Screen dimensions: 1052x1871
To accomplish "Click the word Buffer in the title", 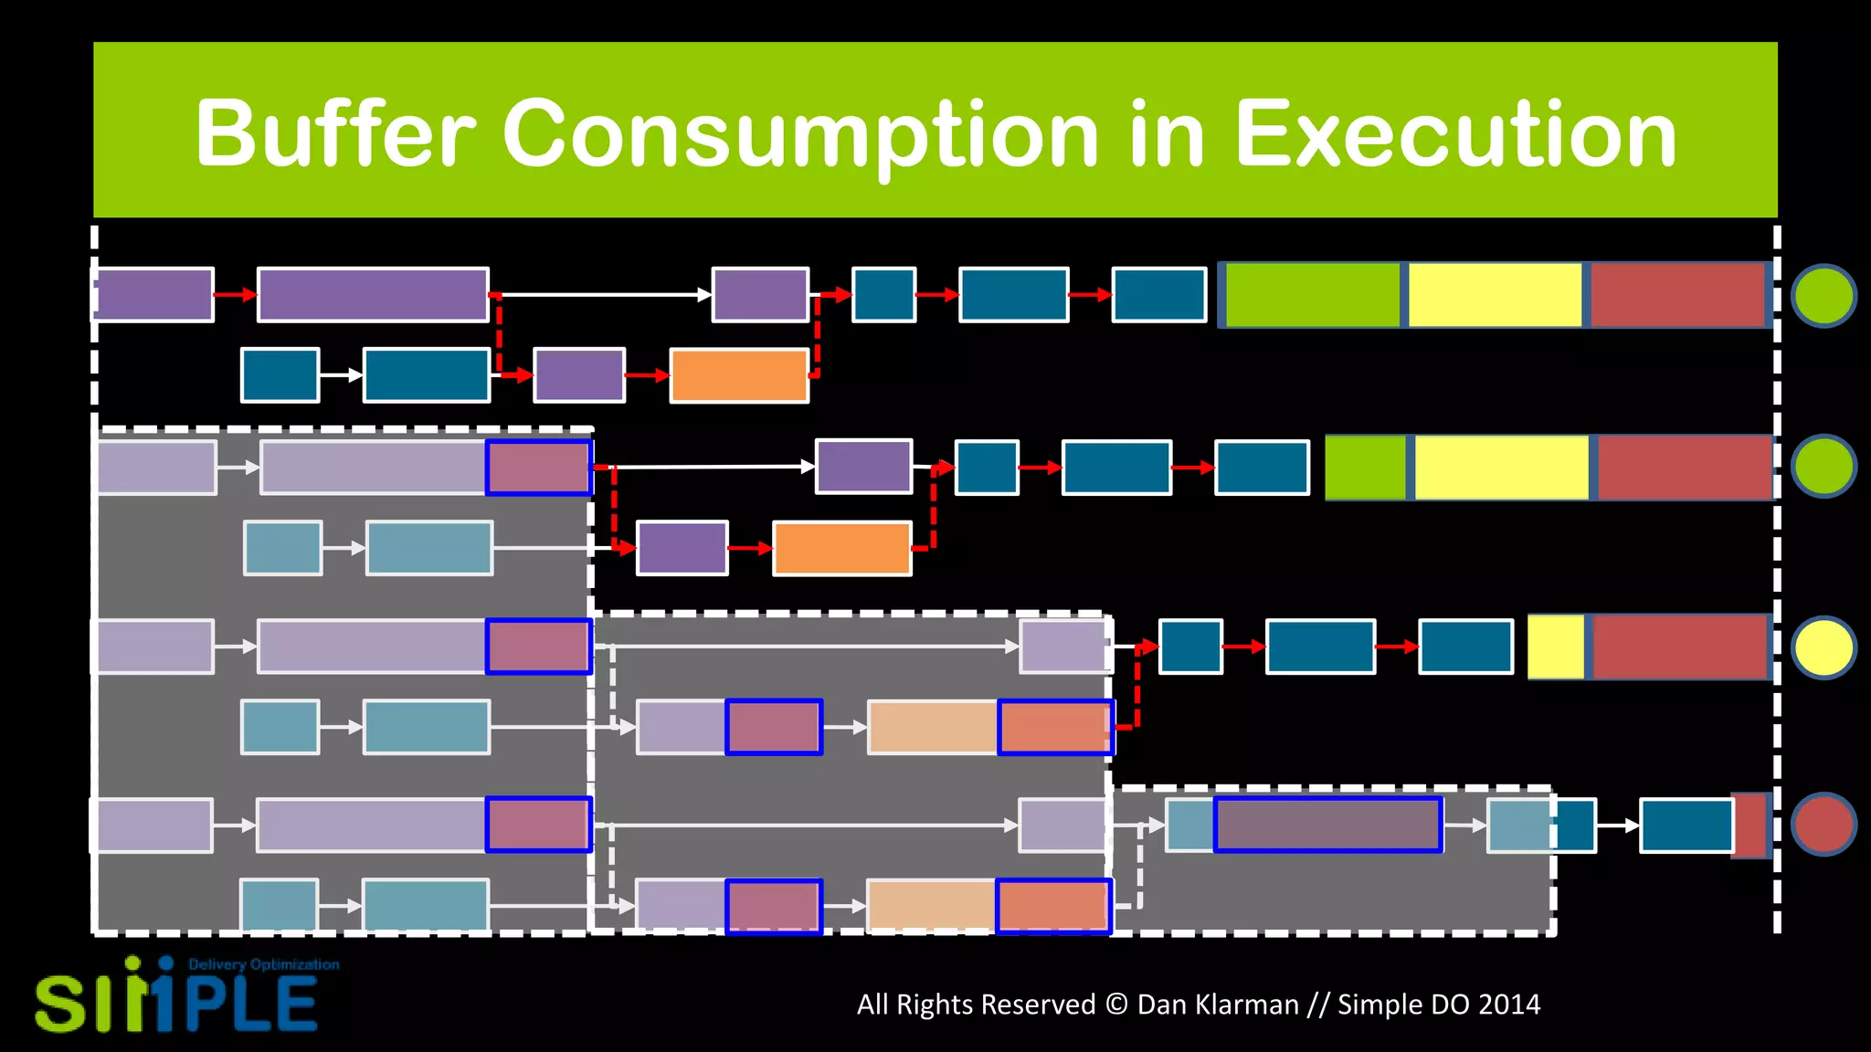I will [x=335, y=134].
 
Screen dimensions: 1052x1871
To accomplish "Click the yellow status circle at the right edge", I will [x=1823, y=647].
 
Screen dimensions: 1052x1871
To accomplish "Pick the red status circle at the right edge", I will [x=1823, y=824].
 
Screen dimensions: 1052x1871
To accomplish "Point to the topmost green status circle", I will [x=1823, y=295].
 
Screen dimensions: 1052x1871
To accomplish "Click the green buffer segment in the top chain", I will [x=1312, y=295].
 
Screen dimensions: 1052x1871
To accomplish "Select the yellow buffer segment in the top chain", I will [x=1495, y=295].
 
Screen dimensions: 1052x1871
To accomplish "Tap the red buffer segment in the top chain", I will [x=1677, y=295].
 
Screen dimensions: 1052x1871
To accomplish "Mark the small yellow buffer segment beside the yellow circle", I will [x=1556, y=647].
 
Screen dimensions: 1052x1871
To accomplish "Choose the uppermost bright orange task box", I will [x=739, y=375].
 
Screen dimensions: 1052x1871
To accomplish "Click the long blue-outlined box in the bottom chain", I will [x=1327, y=825].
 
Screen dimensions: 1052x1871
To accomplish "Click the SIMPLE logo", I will [x=175, y=1002].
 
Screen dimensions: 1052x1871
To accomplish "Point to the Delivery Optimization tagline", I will [x=263, y=965].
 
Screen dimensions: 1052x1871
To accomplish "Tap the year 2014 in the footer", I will [x=1508, y=1005].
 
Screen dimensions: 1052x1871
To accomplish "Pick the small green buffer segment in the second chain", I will [x=1365, y=468].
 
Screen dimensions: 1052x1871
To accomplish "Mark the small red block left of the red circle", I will [x=1750, y=826].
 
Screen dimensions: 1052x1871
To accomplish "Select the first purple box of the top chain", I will [x=154, y=295].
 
